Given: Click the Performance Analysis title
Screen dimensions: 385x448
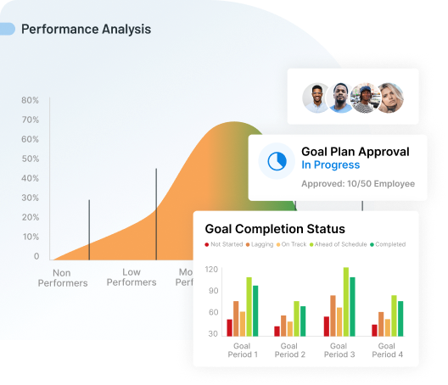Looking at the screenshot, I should coord(86,29).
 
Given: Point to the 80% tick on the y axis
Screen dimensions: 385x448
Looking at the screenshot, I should coord(30,100).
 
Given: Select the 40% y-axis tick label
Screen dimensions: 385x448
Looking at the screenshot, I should coord(30,178).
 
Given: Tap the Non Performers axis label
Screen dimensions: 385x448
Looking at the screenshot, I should coord(62,278).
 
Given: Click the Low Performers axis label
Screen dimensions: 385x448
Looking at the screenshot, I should coord(132,278).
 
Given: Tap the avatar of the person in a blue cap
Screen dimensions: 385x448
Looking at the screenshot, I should coord(365,98).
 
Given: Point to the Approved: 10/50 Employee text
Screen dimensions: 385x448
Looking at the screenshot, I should coord(358,183).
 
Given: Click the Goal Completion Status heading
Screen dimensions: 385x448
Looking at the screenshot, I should coord(275,229).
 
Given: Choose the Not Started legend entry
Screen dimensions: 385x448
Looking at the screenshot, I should coord(224,244).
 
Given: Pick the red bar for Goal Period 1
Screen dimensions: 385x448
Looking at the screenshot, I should coord(229,327).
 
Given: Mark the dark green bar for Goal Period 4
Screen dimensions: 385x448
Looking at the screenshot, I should coord(400,318).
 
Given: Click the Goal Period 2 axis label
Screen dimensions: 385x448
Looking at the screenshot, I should coord(290,349).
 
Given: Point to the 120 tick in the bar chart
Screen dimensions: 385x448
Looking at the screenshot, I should coord(211,270).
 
